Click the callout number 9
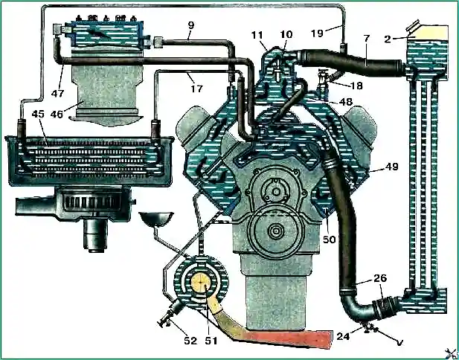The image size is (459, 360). point(191,26)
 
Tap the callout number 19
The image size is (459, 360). point(317,33)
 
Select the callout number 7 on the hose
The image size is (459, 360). point(367,39)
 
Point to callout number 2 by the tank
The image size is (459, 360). point(388,39)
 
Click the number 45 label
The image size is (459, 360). point(38,114)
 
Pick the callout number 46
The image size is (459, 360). point(57,114)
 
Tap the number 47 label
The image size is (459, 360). point(58,94)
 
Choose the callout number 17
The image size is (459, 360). point(196,88)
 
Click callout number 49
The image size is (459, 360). point(392,167)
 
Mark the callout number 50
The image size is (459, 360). point(330,239)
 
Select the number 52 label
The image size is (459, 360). point(190,341)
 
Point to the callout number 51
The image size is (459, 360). point(211,341)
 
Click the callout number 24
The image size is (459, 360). point(343,337)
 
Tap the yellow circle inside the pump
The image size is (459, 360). point(202,283)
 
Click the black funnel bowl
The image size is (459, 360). point(156,219)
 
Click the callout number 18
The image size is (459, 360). point(356,86)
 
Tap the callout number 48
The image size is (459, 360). point(346,101)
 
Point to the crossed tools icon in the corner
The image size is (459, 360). point(451,353)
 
